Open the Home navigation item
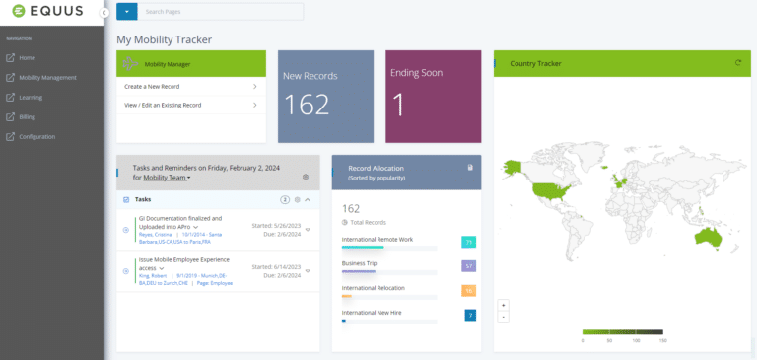coord(27,58)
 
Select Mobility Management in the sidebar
coord(47,78)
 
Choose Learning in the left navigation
coord(31,98)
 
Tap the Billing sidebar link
coord(27,117)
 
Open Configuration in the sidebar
coord(36,137)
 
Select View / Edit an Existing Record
coord(164,105)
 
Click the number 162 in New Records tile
coord(306,106)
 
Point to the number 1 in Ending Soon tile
coord(398,106)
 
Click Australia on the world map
coord(707,237)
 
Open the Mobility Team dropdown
coord(167,178)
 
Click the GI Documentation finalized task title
coord(180,221)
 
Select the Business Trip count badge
coord(468,266)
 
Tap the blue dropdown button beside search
coord(126,12)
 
